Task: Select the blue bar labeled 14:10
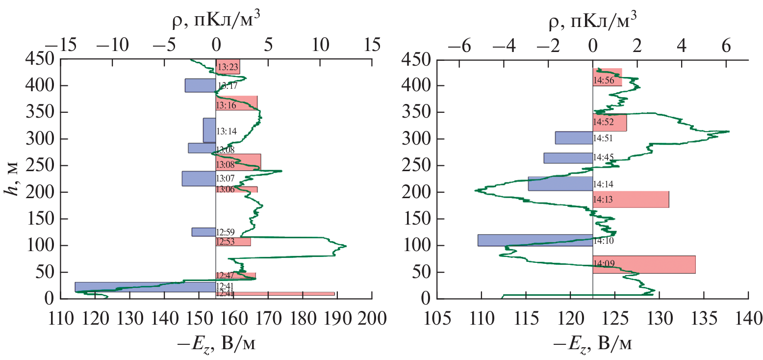pyautogui.click(x=535, y=240)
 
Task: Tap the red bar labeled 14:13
pyautogui.click(x=631, y=199)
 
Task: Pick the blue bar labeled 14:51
pyautogui.click(x=574, y=138)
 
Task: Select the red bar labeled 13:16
pyautogui.click(x=236, y=103)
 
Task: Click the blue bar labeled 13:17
pyautogui.click(x=200, y=85)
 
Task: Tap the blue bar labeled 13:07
pyautogui.click(x=199, y=179)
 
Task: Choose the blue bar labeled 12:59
pyautogui.click(x=203, y=232)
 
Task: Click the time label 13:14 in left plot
pyautogui.click(x=227, y=132)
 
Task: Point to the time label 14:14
pyautogui.click(x=603, y=184)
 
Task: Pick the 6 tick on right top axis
pyautogui.click(x=726, y=46)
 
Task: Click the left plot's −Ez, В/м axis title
pyautogui.click(x=216, y=344)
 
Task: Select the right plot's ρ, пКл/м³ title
pyautogui.click(x=592, y=20)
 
